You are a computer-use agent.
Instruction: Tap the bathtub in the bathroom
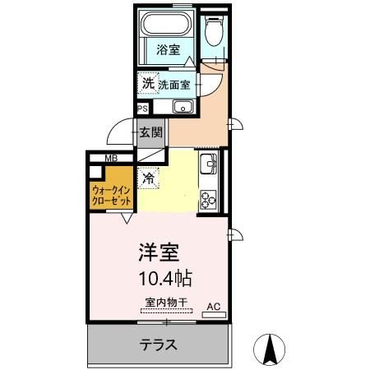[x=166, y=24]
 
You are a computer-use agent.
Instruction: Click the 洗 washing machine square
[x=147, y=82]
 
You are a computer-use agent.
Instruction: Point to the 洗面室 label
[x=173, y=84]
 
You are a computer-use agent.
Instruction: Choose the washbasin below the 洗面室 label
[x=183, y=106]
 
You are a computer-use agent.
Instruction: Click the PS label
[x=142, y=108]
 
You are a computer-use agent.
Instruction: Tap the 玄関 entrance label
[x=150, y=132]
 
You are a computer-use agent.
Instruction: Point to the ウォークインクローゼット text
[x=109, y=194]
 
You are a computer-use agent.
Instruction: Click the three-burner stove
[x=209, y=198]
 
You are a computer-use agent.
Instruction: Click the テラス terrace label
[x=159, y=345]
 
